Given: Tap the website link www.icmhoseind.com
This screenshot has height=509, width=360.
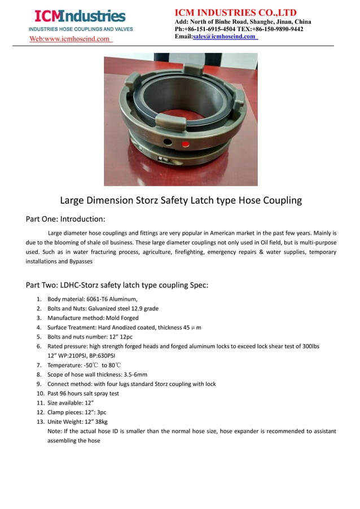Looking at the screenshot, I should [x=71, y=39].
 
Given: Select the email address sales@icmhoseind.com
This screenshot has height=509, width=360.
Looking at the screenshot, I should [x=224, y=37].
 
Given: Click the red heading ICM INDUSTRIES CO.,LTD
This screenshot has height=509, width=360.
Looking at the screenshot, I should [x=235, y=12].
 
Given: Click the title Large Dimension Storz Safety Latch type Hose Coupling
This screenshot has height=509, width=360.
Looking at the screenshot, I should [x=181, y=200].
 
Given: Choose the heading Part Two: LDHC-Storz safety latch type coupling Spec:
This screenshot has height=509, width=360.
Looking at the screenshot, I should [x=117, y=285].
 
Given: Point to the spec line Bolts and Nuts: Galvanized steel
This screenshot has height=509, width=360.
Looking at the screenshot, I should [x=103, y=309].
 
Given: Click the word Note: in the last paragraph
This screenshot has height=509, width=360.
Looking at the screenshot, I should [x=55, y=431].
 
